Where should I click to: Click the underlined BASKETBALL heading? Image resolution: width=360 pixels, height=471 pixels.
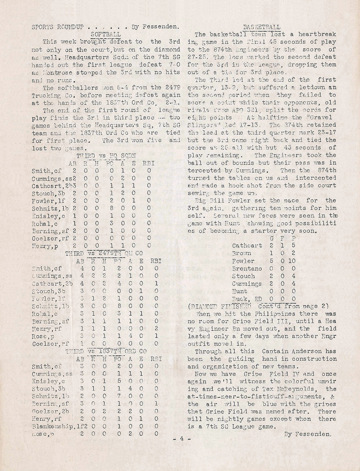(x=262, y=27)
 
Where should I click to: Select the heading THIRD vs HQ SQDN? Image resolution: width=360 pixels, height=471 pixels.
(x=106, y=156)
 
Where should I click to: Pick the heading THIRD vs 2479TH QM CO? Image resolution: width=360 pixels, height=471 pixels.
(x=102, y=253)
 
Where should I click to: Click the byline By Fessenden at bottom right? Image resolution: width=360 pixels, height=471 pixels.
(x=307, y=434)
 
